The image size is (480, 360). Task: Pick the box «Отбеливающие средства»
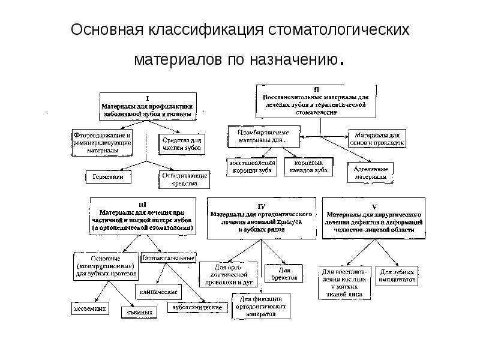click(184, 178)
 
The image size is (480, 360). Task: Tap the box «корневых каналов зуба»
click(312, 166)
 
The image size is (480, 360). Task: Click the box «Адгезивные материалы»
click(370, 173)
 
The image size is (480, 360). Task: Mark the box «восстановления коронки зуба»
click(251, 166)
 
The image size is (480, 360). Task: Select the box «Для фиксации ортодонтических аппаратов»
click(260, 305)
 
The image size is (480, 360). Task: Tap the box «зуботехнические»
click(197, 307)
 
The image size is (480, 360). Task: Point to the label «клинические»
click(158, 292)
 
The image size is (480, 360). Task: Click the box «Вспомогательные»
click(169, 257)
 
